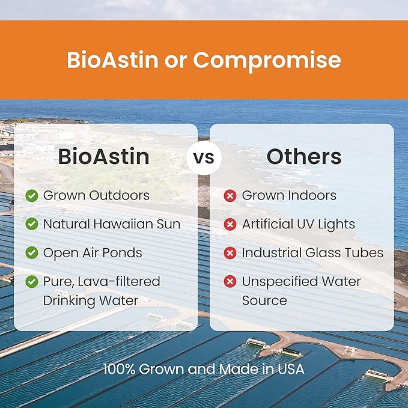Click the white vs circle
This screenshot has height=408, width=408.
(204, 157)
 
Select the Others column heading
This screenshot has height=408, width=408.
(304, 157)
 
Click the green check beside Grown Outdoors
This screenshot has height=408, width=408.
(32, 195)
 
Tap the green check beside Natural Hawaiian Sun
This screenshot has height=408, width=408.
(32, 224)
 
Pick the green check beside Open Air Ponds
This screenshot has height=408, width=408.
(32, 252)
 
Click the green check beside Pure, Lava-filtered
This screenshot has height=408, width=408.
(32, 281)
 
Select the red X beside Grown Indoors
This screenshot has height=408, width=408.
(230, 195)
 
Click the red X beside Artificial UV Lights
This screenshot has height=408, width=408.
(230, 224)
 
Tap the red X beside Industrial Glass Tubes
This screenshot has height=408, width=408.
(230, 252)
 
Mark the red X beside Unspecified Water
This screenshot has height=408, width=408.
(230, 281)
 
